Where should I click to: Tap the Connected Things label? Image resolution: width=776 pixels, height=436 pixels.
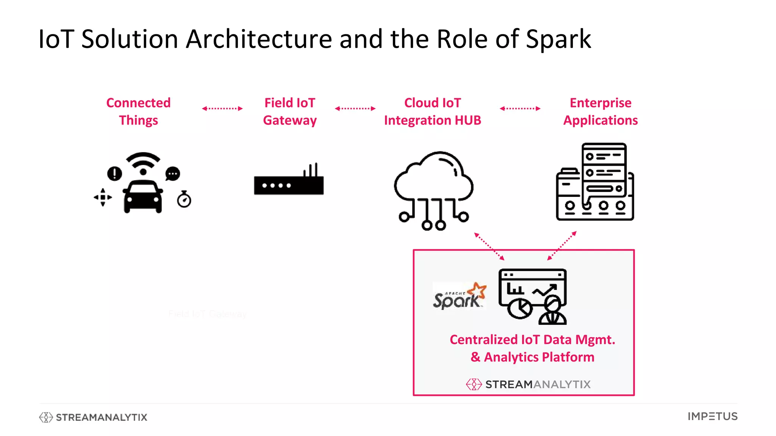coord(138,111)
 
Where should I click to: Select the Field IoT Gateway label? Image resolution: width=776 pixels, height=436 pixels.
coord(290,111)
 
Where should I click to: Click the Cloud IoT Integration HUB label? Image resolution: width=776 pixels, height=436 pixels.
coord(432,111)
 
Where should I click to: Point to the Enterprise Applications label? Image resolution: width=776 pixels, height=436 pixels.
coord(601,111)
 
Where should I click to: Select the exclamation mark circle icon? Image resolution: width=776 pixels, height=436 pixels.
coord(114,174)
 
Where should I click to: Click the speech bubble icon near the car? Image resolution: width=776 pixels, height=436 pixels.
coord(173,174)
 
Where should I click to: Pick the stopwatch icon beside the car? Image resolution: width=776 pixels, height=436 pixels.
coord(184,199)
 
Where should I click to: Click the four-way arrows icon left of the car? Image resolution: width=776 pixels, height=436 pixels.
coord(103,197)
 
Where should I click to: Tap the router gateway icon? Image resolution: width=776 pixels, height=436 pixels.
coord(289,181)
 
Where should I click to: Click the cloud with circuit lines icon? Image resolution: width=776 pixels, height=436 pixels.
coord(433,189)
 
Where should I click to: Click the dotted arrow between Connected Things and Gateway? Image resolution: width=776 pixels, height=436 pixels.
coord(222,109)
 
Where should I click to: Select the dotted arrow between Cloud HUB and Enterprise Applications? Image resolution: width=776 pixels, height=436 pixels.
coord(520,109)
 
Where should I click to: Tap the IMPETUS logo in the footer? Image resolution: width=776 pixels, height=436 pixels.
coord(712,416)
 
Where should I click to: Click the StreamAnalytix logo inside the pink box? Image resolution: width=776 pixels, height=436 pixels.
coord(528,384)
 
